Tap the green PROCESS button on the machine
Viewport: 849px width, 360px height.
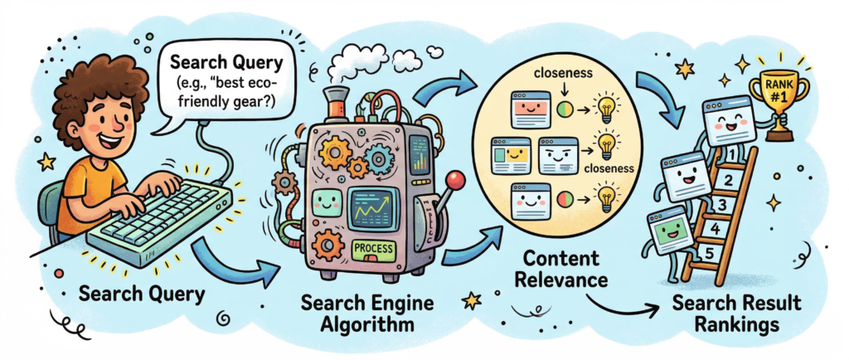coord(374,248)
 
